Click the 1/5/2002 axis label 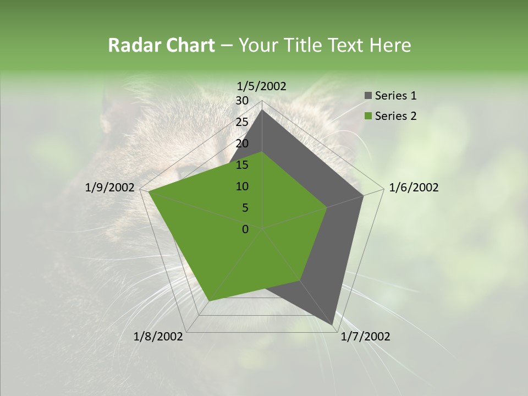pos(262,86)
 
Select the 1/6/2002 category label pos(414,188)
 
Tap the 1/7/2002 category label pos(365,337)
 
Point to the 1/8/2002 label pos(158,337)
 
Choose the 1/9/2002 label pos(110,188)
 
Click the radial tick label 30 pos(242,101)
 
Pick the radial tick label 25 pos(242,122)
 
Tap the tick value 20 pos(242,144)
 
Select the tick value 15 pos(242,165)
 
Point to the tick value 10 pos(242,186)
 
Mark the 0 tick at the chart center pos(245,229)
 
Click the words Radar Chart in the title pos(161,45)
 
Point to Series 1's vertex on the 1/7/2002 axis pos(333,325)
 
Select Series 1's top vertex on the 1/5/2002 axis pos(262,109)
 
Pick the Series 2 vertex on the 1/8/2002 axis pos(209,301)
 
